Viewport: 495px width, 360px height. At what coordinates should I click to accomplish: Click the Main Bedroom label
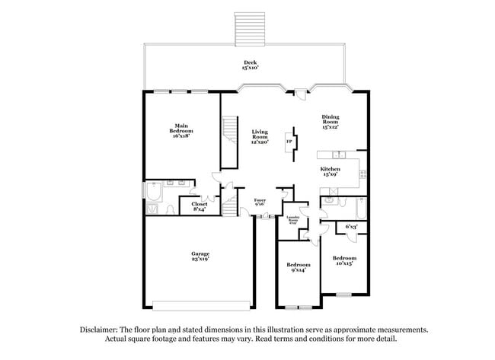[181, 130]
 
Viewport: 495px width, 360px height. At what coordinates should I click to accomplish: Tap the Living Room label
[260, 136]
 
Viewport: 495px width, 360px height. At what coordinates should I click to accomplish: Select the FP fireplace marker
[289, 142]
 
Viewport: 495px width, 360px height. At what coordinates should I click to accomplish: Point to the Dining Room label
[330, 122]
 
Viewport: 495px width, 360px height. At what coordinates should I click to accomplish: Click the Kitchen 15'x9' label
[330, 172]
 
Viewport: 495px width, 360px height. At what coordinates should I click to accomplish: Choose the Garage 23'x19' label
[200, 256]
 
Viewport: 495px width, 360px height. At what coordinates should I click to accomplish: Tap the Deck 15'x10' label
[251, 65]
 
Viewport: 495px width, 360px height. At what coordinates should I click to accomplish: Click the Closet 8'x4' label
[200, 206]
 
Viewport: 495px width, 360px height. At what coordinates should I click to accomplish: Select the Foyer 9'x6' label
[260, 202]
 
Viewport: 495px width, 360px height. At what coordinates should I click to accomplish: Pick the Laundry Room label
[293, 223]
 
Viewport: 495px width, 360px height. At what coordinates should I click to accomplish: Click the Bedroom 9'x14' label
[298, 268]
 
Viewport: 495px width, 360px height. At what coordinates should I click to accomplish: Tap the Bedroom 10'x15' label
[344, 261]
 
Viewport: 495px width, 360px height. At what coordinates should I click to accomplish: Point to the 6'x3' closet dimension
[351, 227]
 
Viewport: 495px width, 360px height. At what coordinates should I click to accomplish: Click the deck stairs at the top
[251, 29]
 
